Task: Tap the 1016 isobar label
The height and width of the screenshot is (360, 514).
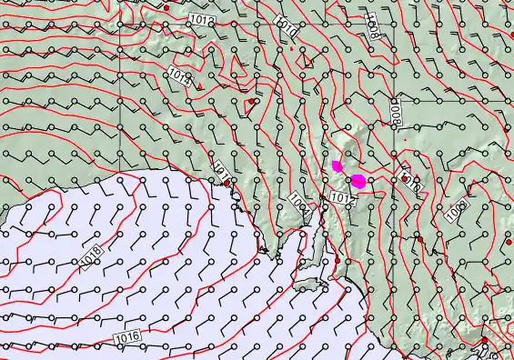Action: [127, 337]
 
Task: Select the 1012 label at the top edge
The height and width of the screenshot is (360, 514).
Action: [203, 18]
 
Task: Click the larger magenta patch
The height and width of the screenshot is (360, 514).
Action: [358, 180]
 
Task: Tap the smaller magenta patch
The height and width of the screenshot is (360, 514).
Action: [338, 165]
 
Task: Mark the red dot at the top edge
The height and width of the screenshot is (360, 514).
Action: [166, 7]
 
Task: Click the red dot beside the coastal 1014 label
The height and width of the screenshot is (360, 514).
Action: [227, 184]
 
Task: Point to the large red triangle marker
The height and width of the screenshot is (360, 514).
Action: [199, 87]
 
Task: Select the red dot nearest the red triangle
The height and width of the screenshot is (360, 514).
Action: [250, 103]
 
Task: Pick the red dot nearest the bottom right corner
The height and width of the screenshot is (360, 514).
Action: [484, 341]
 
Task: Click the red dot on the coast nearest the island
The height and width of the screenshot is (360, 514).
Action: [337, 261]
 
